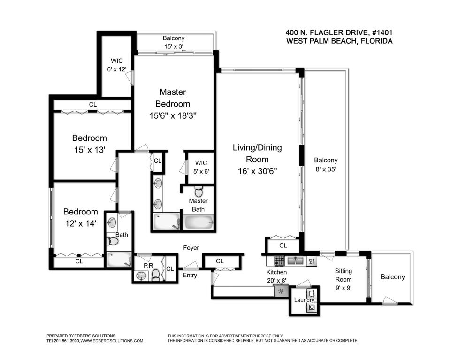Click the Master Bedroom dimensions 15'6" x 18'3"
point(173,115)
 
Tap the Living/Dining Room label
point(257,153)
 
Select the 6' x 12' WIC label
point(117,65)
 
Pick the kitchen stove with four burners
point(279,261)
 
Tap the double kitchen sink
point(295,261)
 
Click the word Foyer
point(191,248)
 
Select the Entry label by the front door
point(190,275)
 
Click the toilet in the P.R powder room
point(156,275)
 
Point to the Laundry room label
point(304,300)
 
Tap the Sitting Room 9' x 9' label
point(344,279)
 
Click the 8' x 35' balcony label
point(326,164)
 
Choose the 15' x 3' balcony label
point(174,42)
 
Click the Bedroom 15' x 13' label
point(90,144)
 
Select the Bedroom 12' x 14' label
point(81,218)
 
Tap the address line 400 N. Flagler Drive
point(339,32)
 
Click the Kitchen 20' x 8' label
point(276,276)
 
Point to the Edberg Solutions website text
point(112,341)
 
